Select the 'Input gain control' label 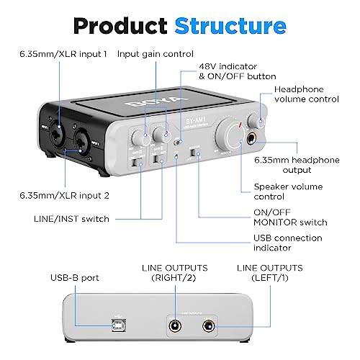(155, 53)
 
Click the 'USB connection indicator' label (282, 243)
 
